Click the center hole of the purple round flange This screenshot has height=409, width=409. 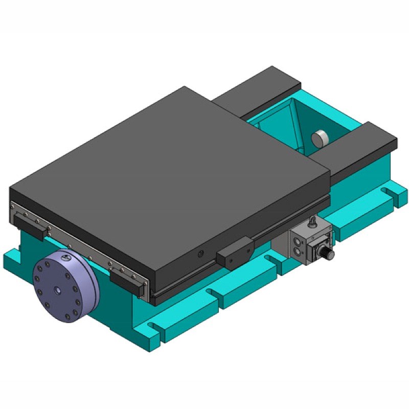coord(57,289)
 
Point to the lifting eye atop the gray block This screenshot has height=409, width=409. coord(312,222)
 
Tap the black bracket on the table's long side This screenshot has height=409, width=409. coord(234,254)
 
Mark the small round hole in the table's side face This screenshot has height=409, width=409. coord(201,253)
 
